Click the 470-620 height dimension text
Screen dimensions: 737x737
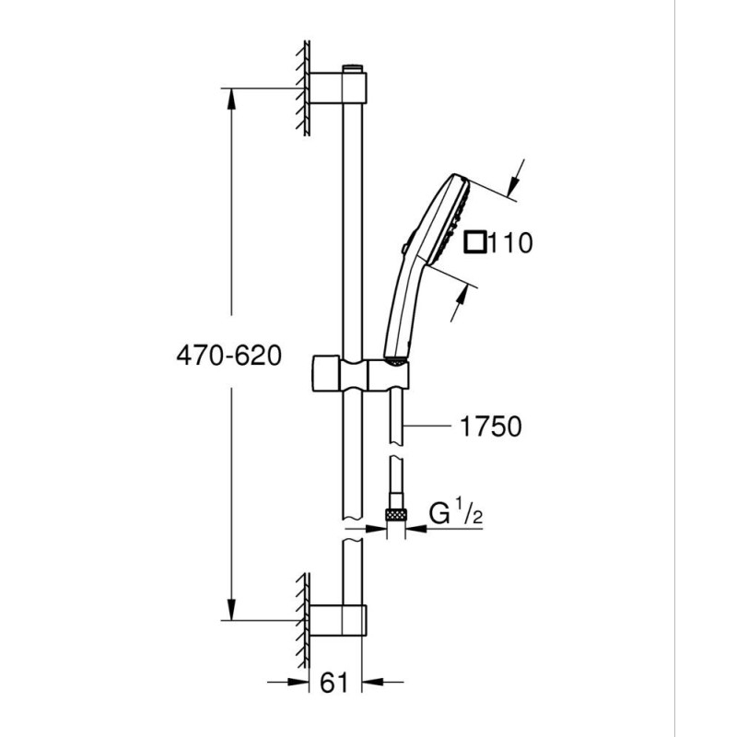click(228, 356)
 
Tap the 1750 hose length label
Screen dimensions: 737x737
click(491, 427)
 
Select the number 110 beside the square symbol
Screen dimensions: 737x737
click(511, 243)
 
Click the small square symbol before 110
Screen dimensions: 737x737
click(475, 242)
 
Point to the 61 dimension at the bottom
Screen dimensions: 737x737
click(334, 682)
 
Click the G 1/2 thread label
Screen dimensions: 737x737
click(455, 513)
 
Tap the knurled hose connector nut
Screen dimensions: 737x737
click(396, 515)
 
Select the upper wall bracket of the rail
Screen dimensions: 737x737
click(338, 88)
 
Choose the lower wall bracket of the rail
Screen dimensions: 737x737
click(338, 620)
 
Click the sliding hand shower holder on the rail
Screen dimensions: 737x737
click(360, 374)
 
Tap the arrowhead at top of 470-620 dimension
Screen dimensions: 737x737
click(231, 99)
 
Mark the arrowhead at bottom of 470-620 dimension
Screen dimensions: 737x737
click(231, 610)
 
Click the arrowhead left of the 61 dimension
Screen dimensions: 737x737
click(298, 682)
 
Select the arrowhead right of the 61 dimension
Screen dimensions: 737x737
click(373, 682)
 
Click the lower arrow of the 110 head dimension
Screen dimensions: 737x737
click(459, 303)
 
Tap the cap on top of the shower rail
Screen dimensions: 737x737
click(353, 67)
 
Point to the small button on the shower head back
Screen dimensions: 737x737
click(404, 248)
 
